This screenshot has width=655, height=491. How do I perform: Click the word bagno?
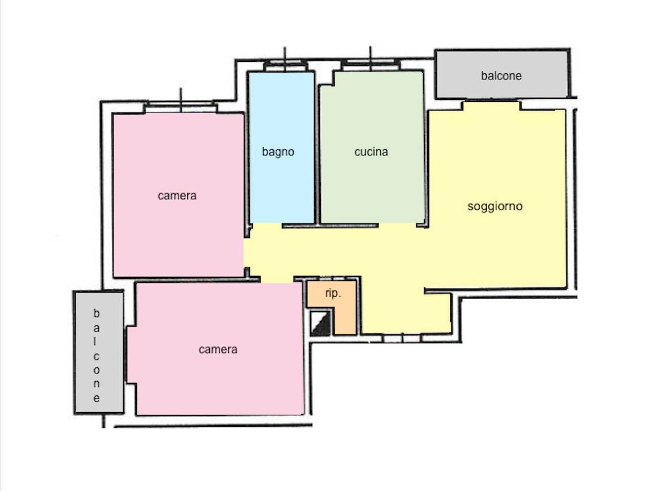point(278,152)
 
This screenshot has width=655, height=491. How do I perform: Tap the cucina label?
point(371,152)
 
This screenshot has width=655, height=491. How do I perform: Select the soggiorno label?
point(495,207)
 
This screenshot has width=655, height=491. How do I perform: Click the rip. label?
point(333,294)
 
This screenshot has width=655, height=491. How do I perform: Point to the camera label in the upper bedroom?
point(177,195)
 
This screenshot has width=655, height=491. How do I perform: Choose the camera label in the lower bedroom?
point(218,349)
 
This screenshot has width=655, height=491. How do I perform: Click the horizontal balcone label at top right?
point(501,76)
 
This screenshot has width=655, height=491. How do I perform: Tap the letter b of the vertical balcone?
point(96,314)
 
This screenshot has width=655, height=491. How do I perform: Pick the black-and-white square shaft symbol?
point(320,323)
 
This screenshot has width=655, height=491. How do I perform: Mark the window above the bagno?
point(285,65)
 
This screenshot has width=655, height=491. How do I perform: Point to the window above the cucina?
point(370,65)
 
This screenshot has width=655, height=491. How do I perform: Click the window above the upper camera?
point(181,107)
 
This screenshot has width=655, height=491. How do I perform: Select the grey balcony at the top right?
point(501,74)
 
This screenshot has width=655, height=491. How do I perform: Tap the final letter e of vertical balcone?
point(96,398)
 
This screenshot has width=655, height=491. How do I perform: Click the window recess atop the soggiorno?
point(492,106)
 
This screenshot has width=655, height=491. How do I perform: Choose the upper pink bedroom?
point(179,195)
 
